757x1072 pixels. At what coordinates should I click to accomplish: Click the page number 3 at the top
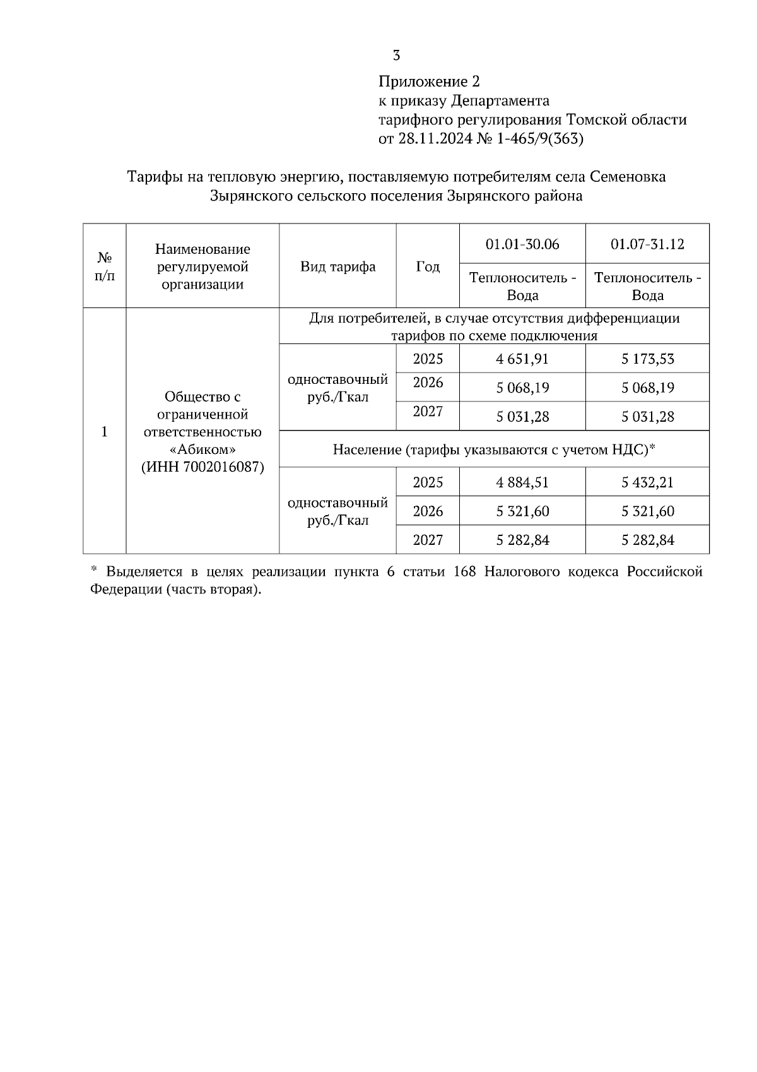[x=396, y=56]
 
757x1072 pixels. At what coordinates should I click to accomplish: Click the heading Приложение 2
[x=429, y=81]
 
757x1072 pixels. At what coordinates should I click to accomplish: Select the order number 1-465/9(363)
[x=539, y=138]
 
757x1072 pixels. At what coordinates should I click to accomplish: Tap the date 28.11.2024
[x=435, y=138]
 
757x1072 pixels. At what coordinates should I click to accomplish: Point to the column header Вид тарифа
[x=337, y=266]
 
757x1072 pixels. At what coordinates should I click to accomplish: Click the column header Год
[x=428, y=266]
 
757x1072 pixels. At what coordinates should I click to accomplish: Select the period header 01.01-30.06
[x=522, y=244]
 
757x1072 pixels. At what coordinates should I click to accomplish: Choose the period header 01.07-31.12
[x=647, y=244]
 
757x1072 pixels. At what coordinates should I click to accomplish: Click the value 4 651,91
[x=522, y=359]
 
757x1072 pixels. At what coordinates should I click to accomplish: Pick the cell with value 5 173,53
[x=647, y=359]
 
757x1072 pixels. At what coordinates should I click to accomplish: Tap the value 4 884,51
[x=522, y=483]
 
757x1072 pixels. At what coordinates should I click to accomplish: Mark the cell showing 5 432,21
[x=647, y=483]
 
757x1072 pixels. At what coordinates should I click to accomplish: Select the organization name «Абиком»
[x=202, y=450]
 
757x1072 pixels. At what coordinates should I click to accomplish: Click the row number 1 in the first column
[x=104, y=432]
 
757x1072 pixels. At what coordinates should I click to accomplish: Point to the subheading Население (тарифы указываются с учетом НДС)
[x=494, y=450]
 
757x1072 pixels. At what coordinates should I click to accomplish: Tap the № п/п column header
[x=104, y=266]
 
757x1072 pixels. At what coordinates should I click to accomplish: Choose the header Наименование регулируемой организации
[x=202, y=266]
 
